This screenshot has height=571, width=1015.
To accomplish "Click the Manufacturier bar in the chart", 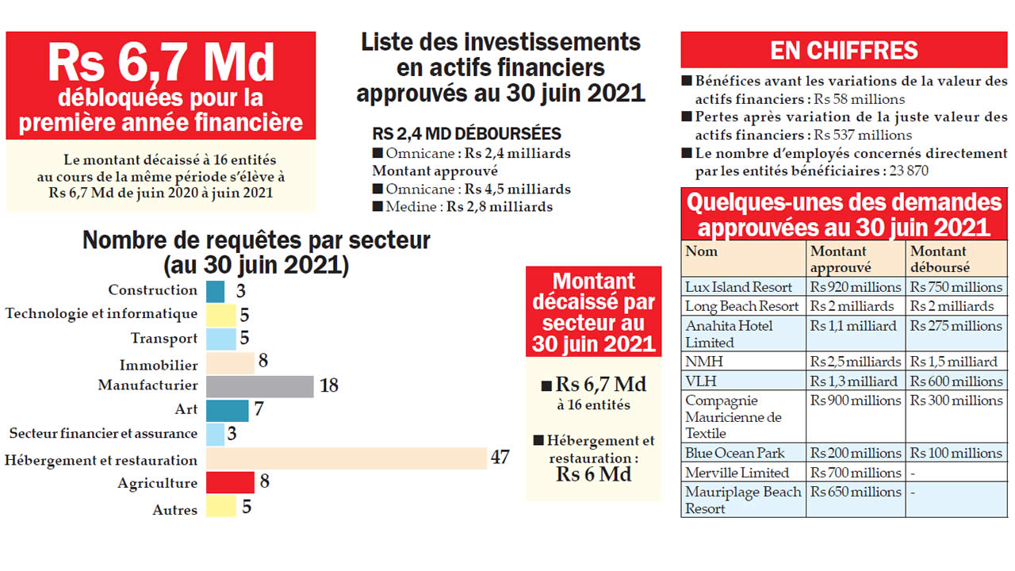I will click(260, 386).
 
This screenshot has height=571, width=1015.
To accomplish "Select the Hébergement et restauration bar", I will click(346, 459).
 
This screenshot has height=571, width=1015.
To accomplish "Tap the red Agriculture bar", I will click(230, 482).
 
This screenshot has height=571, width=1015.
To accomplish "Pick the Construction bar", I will click(215, 291).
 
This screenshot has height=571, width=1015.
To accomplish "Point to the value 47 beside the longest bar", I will click(500, 458).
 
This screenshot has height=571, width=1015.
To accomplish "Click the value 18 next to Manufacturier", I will click(329, 386).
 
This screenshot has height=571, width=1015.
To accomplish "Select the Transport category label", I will click(164, 339).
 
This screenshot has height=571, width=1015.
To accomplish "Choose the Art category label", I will click(186, 410).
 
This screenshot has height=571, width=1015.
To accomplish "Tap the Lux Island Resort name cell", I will click(727, 287).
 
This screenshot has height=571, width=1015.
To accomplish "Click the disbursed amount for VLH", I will click(956, 381).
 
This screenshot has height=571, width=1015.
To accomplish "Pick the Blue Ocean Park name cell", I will click(724, 453).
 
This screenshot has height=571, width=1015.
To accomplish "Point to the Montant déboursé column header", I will click(939, 259).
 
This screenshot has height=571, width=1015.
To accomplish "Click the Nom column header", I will click(702, 252).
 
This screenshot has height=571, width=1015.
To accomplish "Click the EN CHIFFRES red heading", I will click(844, 51).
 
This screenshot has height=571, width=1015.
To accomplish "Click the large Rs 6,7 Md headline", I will click(161, 64).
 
